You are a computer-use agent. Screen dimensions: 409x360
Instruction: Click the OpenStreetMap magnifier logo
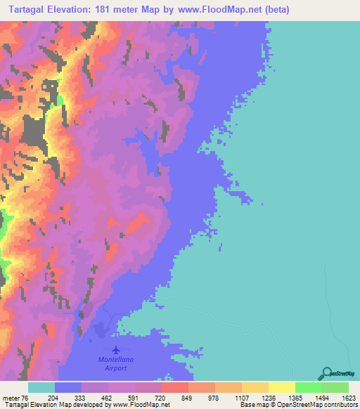tap(326, 373)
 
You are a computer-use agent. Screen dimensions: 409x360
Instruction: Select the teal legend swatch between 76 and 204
tap(41, 388)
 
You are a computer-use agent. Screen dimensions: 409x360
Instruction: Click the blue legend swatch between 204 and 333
tap(67, 388)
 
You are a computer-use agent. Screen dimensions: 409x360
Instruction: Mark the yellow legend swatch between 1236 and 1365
tap(281, 388)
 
